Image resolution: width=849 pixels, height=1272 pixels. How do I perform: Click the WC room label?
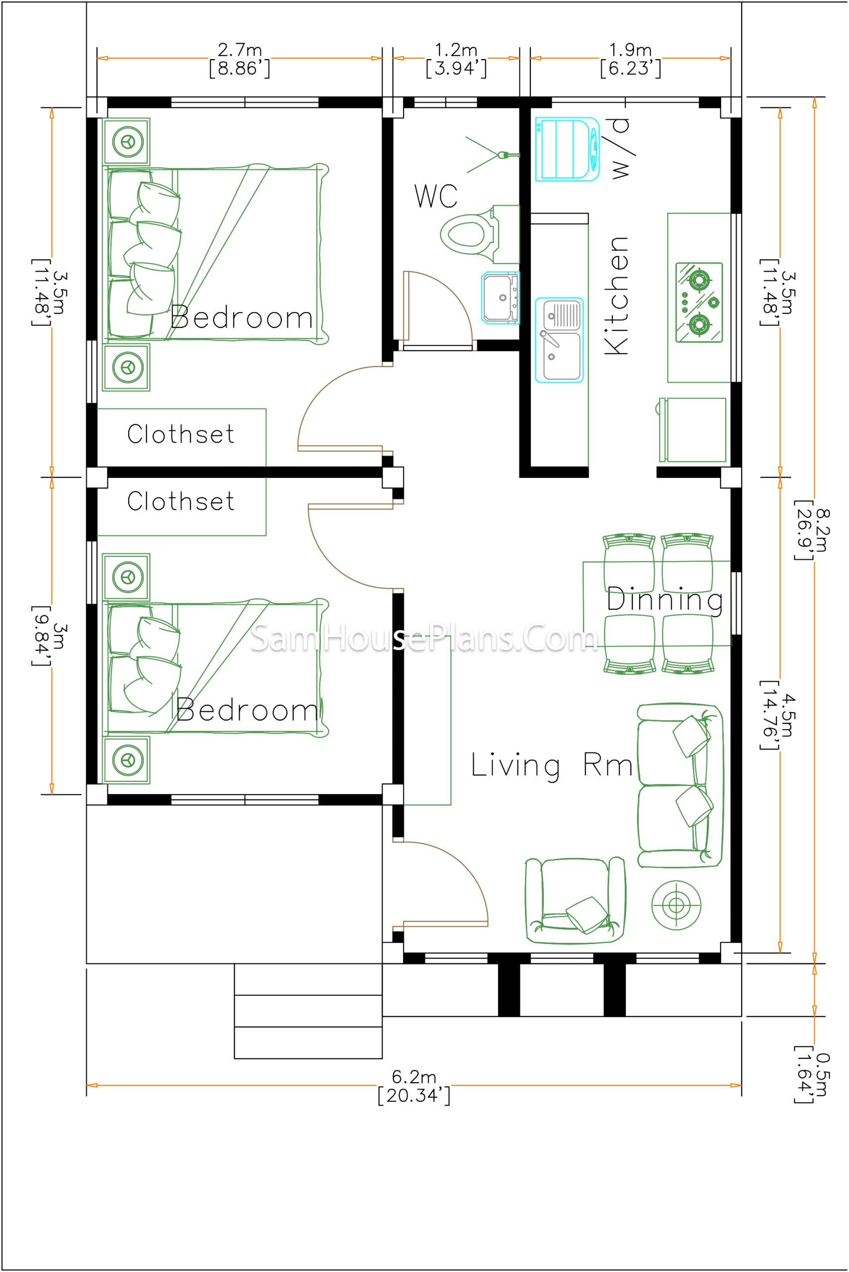coord(436,196)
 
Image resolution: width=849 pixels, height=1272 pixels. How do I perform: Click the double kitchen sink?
coord(559,340)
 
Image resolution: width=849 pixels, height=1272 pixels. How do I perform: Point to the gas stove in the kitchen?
coord(699,302)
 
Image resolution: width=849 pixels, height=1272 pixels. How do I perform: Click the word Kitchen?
coord(616,296)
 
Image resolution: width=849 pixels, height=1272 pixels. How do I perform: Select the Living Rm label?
coord(552,765)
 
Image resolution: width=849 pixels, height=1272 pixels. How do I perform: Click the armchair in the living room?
coord(575,900)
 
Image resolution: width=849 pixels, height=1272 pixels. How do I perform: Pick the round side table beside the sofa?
coord(677,905)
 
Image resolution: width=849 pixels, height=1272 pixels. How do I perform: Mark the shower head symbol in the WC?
coord(492,155)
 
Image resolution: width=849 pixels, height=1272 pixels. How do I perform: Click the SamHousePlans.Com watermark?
coord(424,637)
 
